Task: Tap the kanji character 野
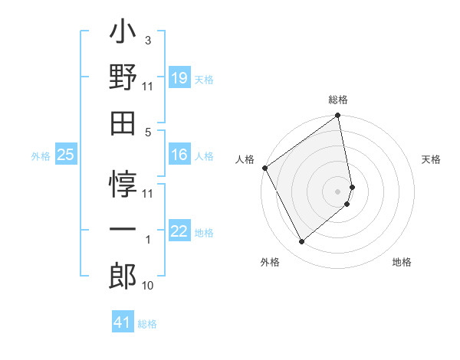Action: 123,78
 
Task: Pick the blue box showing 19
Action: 179,78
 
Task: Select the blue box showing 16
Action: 179,155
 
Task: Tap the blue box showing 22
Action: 179,232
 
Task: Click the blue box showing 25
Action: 65,155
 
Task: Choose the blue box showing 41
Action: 123,322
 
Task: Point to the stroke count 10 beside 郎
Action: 148,286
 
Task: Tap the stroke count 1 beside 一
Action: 147,240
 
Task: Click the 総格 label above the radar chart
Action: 338,100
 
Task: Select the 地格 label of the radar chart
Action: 402,262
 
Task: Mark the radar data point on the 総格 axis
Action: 338,116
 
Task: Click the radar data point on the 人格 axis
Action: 264,168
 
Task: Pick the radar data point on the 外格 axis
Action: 301,242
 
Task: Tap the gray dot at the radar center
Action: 338,191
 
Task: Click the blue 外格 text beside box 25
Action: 41,156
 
